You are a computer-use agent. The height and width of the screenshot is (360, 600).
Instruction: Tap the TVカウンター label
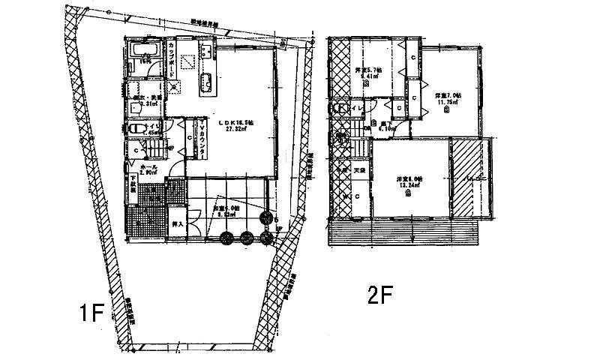202,139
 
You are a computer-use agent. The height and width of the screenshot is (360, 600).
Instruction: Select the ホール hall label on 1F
147,168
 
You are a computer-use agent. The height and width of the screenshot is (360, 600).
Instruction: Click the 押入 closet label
178,223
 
